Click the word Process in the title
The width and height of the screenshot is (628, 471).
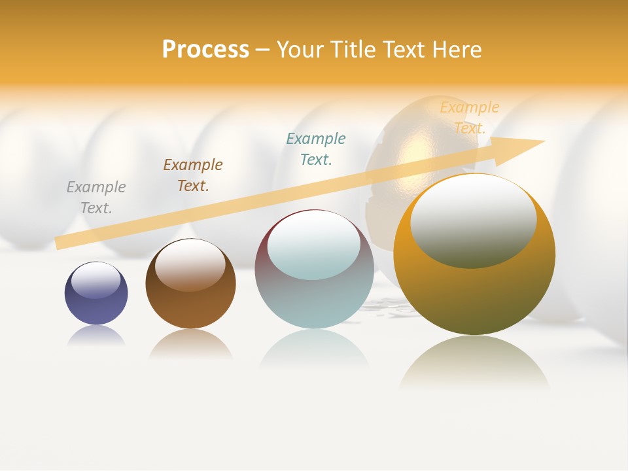click(x=205, y=50)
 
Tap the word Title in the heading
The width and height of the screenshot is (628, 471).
click(x=355, y=50)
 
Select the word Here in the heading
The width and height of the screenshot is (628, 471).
click(x=457, y=50)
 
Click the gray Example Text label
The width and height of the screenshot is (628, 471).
click(x=96, y=198)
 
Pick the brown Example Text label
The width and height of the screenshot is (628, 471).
click(x=193, y=175)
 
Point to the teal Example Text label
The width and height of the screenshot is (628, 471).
click(x=316, y=149)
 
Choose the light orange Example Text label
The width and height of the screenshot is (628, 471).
click(x=469, y=118)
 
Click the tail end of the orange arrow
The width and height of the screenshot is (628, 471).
click(x=59, y=243)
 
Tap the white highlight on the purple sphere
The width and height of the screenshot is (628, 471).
click(x=96, y=280)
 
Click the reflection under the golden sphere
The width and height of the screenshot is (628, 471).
click(x=474, y=363)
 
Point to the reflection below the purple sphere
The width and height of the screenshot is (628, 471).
click(x=96, y=336)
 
